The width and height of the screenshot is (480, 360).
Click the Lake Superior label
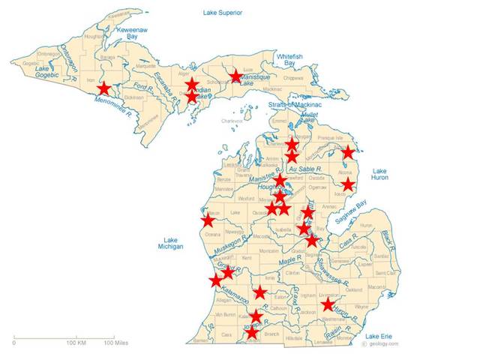223,13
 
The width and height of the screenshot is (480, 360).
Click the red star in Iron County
103,88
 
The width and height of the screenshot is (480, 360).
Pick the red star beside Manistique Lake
236,76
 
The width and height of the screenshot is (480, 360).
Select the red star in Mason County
208,220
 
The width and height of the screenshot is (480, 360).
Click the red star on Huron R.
327,305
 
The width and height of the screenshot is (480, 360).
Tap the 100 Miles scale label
114,343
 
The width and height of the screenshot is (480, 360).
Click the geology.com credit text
381,344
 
